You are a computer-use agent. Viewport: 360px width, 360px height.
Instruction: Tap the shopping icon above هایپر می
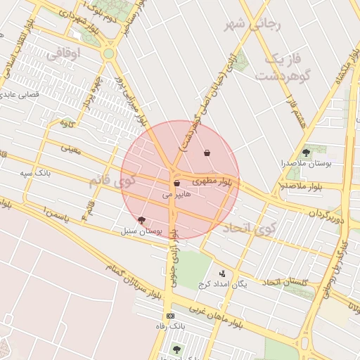click(176, 184)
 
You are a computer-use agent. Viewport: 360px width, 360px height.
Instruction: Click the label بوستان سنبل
click(141, 230)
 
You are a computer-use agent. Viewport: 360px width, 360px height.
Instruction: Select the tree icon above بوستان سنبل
click(142, 220)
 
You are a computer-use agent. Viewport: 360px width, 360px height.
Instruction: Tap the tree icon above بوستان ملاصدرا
click(305, 152)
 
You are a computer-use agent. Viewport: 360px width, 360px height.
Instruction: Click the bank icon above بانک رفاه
click(169, 316)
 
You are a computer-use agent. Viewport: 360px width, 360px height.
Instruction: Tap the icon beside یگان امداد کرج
click(222, 274)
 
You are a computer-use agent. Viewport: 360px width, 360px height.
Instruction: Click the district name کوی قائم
click(108, 181)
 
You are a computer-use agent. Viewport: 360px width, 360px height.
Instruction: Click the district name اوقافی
click(64, 53)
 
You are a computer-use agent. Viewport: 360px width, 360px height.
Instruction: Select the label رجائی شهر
click(252, 25)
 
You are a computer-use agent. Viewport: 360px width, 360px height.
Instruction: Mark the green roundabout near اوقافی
click(108, 53)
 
